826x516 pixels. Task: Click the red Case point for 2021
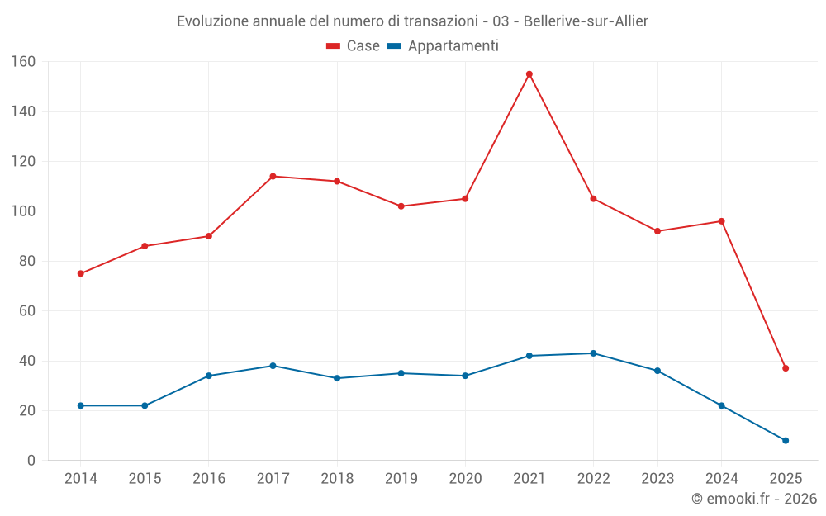(x=529, y=74)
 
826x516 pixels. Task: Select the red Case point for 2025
(x=786, y=368)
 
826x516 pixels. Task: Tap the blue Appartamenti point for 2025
(x=786, y=440)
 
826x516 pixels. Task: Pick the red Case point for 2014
(x=81, y=273)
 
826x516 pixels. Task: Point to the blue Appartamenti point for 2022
(x=593, y=353)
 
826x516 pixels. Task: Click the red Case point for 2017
(x=273, y=176)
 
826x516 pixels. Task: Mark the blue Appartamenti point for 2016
(x=209, y=376)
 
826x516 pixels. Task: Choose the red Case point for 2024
(x=721, y=221)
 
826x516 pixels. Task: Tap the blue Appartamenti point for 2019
(x=401, y=373)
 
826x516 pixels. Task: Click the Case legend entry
(x=354, y=46)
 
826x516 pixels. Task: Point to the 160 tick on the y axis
(x=23, y=62)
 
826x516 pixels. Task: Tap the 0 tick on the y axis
(x=31, y=461)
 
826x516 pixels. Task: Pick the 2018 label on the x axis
(x=337, y=479)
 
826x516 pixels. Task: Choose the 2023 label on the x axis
(x=657, y=479)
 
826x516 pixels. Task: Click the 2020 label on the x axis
(x=465, y=479)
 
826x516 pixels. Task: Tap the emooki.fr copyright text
(x=754, y=499)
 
